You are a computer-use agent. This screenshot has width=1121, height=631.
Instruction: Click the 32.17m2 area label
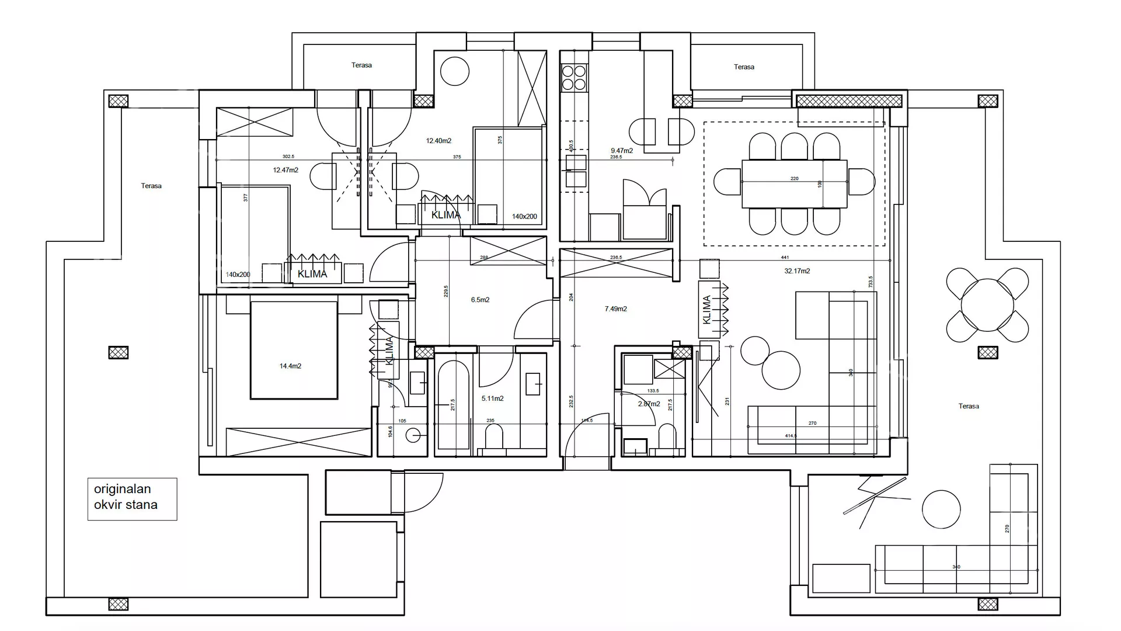[x=797, y=271]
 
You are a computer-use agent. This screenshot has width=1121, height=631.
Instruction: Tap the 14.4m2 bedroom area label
[x=290, y=366]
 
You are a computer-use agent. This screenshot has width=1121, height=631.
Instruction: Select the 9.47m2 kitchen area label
[x=622, y=151]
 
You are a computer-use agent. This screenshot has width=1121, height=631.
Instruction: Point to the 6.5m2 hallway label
[x=480, y=300]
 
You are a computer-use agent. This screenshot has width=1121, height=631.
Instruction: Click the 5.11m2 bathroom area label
[x=492, y=398]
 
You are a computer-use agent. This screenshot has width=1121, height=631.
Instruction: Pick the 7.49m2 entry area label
[x=615, y=308]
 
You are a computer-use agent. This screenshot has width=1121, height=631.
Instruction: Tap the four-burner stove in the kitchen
[x=573, y=78]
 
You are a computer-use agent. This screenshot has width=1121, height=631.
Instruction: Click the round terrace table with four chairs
[x=987, y=305]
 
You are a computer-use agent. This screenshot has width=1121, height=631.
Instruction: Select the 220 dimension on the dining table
[x=794, y=179]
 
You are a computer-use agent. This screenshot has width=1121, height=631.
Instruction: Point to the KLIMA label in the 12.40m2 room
[x=445, y=215]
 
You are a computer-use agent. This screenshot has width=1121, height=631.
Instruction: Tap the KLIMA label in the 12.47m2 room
[x=312, y=274]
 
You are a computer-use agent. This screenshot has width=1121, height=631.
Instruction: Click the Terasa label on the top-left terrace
[x=361, y=65]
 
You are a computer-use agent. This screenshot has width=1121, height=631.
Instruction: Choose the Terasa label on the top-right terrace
[x=744, y=67]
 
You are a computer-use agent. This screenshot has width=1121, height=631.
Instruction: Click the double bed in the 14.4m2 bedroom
[x=294, y=349]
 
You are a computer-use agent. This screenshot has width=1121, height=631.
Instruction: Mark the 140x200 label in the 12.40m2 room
[x=524, y=216]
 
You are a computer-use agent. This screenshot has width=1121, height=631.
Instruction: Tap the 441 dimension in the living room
[x=785, y=257]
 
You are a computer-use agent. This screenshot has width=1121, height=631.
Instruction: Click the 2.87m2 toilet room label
[x=649, y=404]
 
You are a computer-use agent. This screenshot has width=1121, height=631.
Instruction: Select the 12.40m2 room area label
[x=438, y=141]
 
